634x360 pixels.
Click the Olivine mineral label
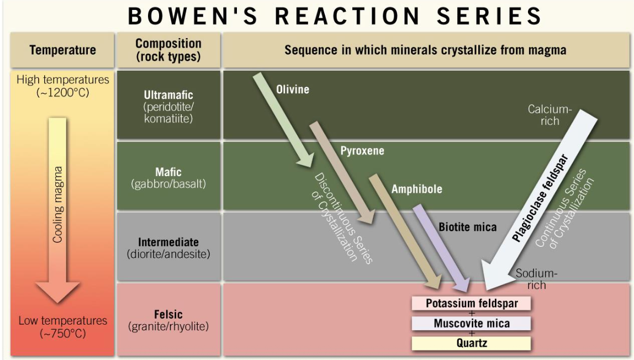click(x=293, y=89)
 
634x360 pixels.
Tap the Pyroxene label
click(x=362, y=151)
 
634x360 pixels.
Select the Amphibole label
click(x=416, y=189)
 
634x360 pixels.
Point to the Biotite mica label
click(x=467, y=227)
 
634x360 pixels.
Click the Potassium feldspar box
click(x=471, y=304)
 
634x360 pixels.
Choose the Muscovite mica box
click(x=471, y=324)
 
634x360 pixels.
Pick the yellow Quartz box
click(x=471, y=343)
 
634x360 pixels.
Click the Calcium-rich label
click(x=548, y=115)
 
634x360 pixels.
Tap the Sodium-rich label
click(x=536, y=279)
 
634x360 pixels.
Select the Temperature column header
click(x=62, y=50)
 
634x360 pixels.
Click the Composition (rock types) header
click(x=168, y=50)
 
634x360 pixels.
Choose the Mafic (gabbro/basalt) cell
click(x=168, y=178)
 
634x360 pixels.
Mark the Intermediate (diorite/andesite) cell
click(x=168, y=248)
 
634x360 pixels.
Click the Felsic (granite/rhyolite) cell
click(x=168, y=320)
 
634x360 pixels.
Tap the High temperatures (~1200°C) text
click(x=62, y=86)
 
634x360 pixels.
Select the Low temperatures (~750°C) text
click(x=62, y=327)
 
